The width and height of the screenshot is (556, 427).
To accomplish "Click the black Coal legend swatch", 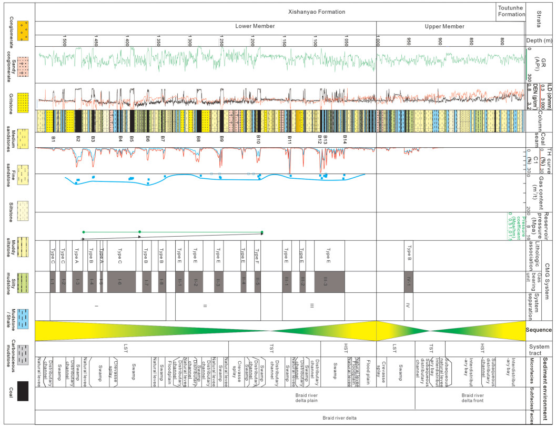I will (23, 391).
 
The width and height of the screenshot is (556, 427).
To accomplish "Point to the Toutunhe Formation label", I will (511, 11).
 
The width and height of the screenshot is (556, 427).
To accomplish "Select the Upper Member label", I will (445, 26).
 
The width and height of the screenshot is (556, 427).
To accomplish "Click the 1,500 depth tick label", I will (64, 40).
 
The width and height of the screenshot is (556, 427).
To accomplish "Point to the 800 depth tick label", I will (503, 40).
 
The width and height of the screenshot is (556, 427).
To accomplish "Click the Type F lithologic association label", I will (258, 256).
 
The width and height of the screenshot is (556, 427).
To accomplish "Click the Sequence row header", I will (540, 330).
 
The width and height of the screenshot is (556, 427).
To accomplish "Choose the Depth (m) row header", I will (540, 40).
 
